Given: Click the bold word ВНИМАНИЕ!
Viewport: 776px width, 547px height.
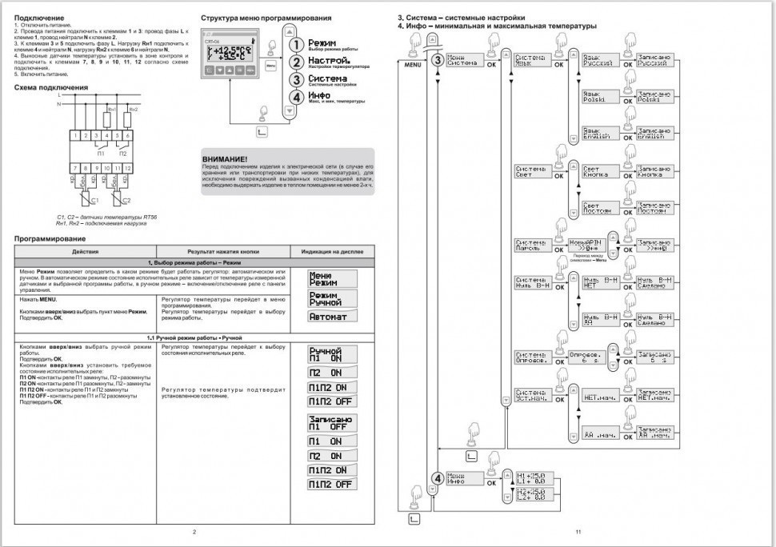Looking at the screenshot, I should pyautogui.click(x=225, y=160).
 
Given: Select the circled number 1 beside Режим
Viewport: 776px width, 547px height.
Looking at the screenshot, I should pyautogui.click(x=296, y=46).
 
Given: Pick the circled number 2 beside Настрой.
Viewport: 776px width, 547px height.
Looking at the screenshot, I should pyautogui.click(x=296, y=62).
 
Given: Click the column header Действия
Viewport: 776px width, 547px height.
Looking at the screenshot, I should pyautogui.click(x=86, y=251).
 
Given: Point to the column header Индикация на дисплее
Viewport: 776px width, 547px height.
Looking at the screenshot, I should pyautogui.click(x=332, y=251).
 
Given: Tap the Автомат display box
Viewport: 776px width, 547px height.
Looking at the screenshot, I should pyautogui.click(x=332, y=317).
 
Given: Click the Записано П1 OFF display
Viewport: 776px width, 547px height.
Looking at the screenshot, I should pyautogui.click(x=332, y=423).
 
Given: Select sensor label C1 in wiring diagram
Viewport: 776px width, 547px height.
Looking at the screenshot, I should pyautogui.click(x=94, y=200).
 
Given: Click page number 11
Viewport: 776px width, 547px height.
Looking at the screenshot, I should pyautogui.click(x=578, y=531).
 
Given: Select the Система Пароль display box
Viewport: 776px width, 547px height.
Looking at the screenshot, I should pyautogui.click(x=531, y=246).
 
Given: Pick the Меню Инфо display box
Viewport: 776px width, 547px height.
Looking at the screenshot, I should pyautogui.click(x=464, y=478).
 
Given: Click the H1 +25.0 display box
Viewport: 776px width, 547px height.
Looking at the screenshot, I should pyautogui.click(x=530, y=478).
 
